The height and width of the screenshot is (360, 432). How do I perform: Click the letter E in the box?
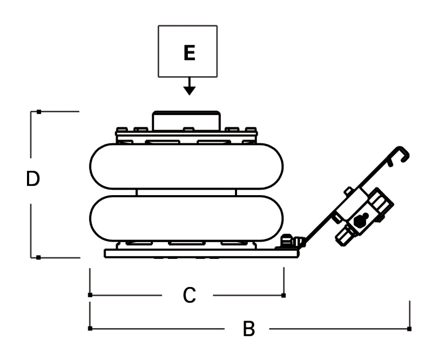188,52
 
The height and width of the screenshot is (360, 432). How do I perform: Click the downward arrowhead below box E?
188,89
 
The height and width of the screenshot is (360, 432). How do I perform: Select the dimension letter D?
33,179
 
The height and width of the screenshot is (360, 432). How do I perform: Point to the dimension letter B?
248,328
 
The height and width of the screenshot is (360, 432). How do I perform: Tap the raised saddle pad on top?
186,119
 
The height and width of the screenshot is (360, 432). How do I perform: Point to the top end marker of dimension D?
39,112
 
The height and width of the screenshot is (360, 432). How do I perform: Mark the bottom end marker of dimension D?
39,257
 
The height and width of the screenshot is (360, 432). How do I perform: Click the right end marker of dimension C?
284,295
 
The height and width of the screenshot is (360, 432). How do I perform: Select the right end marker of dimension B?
409,328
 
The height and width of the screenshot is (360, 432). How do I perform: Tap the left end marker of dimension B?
90,328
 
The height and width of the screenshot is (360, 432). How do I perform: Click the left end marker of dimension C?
90,295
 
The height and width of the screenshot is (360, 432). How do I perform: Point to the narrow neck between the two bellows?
186,192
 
